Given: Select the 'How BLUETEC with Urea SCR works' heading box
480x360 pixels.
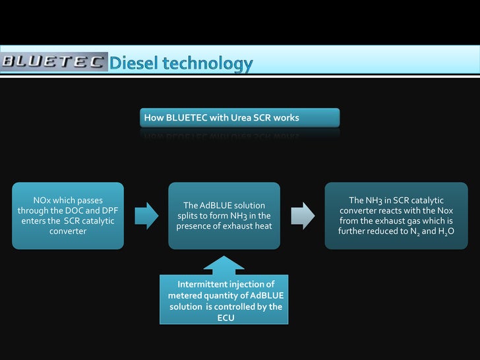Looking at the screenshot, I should pos(240,118).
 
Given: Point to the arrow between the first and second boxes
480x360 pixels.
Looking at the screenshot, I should pos(146,216).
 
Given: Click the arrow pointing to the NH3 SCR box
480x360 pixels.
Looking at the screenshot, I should pos(303,216).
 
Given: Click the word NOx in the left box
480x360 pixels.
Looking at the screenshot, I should pos(44,200).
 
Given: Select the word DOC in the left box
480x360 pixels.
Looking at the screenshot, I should pos(75,210).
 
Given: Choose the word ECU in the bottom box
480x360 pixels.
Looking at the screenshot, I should pos(225,318).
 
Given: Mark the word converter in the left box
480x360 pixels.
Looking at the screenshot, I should pos(68,231).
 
